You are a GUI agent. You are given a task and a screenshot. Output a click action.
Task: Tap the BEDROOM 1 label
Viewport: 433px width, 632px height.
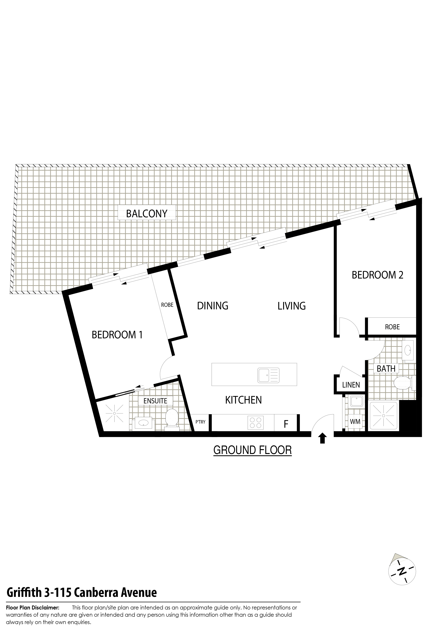click(117, 335)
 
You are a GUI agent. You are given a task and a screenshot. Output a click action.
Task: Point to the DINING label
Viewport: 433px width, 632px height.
click(213, 306)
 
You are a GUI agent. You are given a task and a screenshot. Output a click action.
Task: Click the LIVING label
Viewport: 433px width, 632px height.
click(292, 306)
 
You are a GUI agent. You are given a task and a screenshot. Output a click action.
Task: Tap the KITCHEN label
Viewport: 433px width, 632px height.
click(244, 400)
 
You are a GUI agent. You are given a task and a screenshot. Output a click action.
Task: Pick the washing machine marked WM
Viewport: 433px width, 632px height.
click(355, 422)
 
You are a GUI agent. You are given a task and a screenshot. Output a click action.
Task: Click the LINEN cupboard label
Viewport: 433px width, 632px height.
click(351, 385)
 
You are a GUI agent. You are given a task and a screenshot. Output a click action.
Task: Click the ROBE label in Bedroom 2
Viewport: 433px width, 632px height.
click(392, 327)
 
